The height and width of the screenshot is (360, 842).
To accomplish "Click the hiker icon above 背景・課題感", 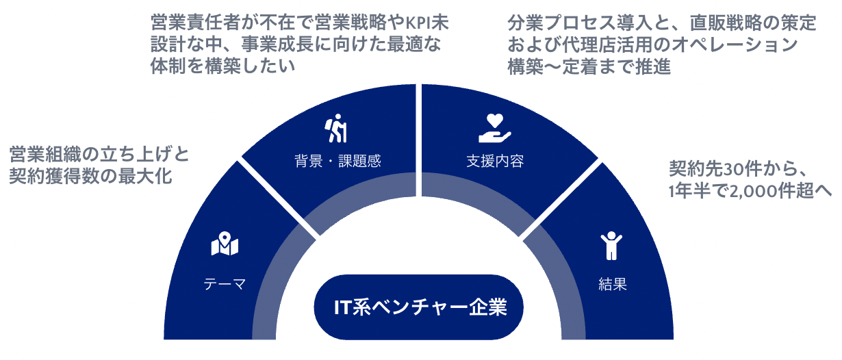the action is pyautogui.click(x=337, y=129).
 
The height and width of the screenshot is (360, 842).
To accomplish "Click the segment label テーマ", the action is pyautogui.click(x=224, y=284).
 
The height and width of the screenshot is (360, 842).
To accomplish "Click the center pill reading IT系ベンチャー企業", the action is pyautogui.click(x=420, y=307).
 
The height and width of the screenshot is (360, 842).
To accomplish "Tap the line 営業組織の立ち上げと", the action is pyautogui.click(x=99, y=153).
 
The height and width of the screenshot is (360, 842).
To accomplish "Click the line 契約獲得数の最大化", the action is pyautogui.click(x=90, y=177).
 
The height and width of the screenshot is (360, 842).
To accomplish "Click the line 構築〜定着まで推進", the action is pyautogui.click(x=588, y=67).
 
